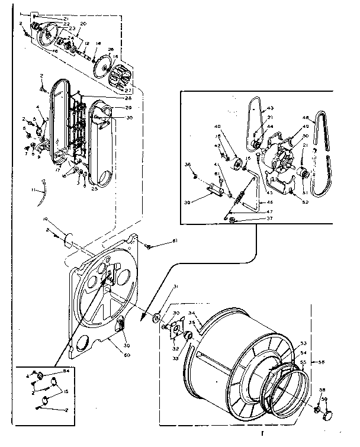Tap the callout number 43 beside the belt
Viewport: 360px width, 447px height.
[271, 108]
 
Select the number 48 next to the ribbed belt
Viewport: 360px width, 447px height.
[306, 117]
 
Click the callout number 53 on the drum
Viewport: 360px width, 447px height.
[304, 343]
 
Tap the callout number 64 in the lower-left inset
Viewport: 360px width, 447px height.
[66, 371]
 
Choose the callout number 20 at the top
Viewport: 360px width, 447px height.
[83, 23]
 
